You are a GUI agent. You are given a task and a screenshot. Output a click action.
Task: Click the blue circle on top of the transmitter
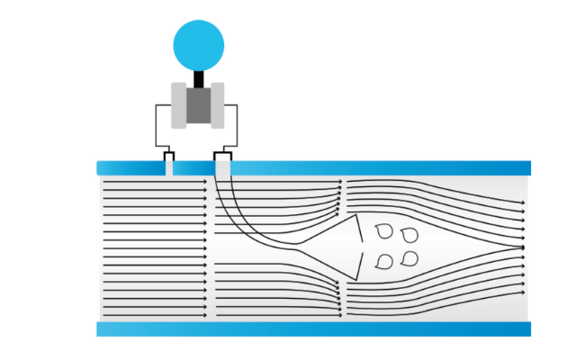pyautogui.click(x=199, y=41)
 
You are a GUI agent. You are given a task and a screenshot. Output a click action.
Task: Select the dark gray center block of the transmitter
pyautogui.click(x=199, y=105)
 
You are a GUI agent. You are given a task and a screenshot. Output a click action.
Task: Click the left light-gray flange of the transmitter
pyautogui.click(x=178, y=104)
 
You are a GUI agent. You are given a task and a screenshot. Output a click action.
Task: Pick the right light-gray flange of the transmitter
pyautogui.click(x=219, y=104)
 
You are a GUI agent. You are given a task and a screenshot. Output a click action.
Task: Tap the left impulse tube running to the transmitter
pyautogui.click(x=157, y=126)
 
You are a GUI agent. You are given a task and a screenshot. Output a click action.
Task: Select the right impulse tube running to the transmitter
pyautogui.click(x=237, y=126)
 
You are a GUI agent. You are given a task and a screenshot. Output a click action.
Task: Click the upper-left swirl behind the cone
pyautogui.click(x=385, y=230)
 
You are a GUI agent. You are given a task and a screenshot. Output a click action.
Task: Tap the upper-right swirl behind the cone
pyautogui.click(x=409, y=236)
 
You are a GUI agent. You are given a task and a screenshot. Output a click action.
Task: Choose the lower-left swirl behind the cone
pyautogui.click(x=385, y=262)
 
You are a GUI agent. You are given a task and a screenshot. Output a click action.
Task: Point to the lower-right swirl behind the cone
pyautogui.click(x=409, y=259)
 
